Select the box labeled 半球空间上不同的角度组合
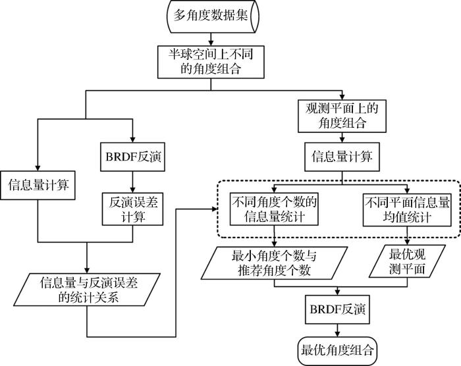(x=211, y=62)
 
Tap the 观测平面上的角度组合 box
(x=342, y=116)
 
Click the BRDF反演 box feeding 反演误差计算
(x=132, y=157)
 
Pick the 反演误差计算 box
(x=132, y=209)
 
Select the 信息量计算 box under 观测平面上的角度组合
(x=342, y=157)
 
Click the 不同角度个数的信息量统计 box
(x=274, y=209)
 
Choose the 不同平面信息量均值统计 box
(x=407, y=210)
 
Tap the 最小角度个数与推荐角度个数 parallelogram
(x=275, y=263)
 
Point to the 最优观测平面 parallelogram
(x=407, y=261)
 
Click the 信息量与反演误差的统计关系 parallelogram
(x=88, y=290)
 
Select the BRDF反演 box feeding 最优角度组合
(x=337, y=309)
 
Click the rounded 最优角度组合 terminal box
(x=337, y=351)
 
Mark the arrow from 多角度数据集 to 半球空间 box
(x=211, y=39)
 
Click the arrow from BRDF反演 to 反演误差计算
(x=132, y=182)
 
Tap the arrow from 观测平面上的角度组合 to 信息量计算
(x=342, y=138)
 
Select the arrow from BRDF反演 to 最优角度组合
(x=337, y=330)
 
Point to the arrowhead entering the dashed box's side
(x=215, y=209)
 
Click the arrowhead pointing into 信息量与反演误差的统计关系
(x=87, y=270)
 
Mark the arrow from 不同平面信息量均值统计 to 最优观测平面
(x=407, y=236)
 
